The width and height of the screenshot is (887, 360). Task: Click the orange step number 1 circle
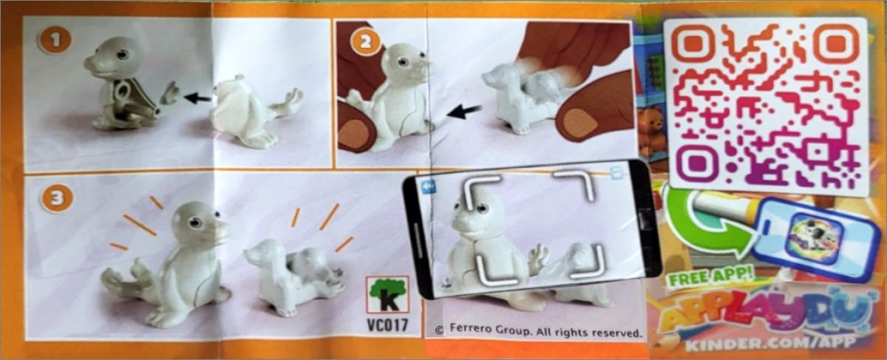(x=55, y=41)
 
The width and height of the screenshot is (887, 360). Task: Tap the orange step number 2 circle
(x=365, y=41)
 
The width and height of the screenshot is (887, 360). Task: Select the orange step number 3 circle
(x=58, y=197)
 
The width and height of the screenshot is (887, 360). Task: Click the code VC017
(x=387, y=325)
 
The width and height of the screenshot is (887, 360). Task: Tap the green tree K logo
(x=387, y=295)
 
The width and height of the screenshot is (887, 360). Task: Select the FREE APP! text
(x=711, y=277)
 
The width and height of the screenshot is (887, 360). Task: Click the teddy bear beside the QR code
(x=650, y=129)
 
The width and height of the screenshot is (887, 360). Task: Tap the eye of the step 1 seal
(x=123, y=54)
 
